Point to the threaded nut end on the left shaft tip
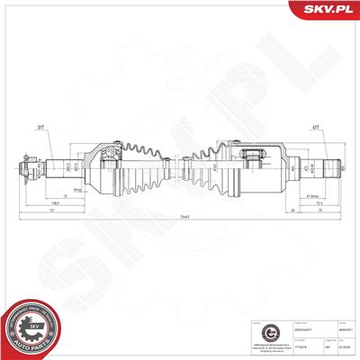pos(26,167)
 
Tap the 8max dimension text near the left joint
pos(79,190)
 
